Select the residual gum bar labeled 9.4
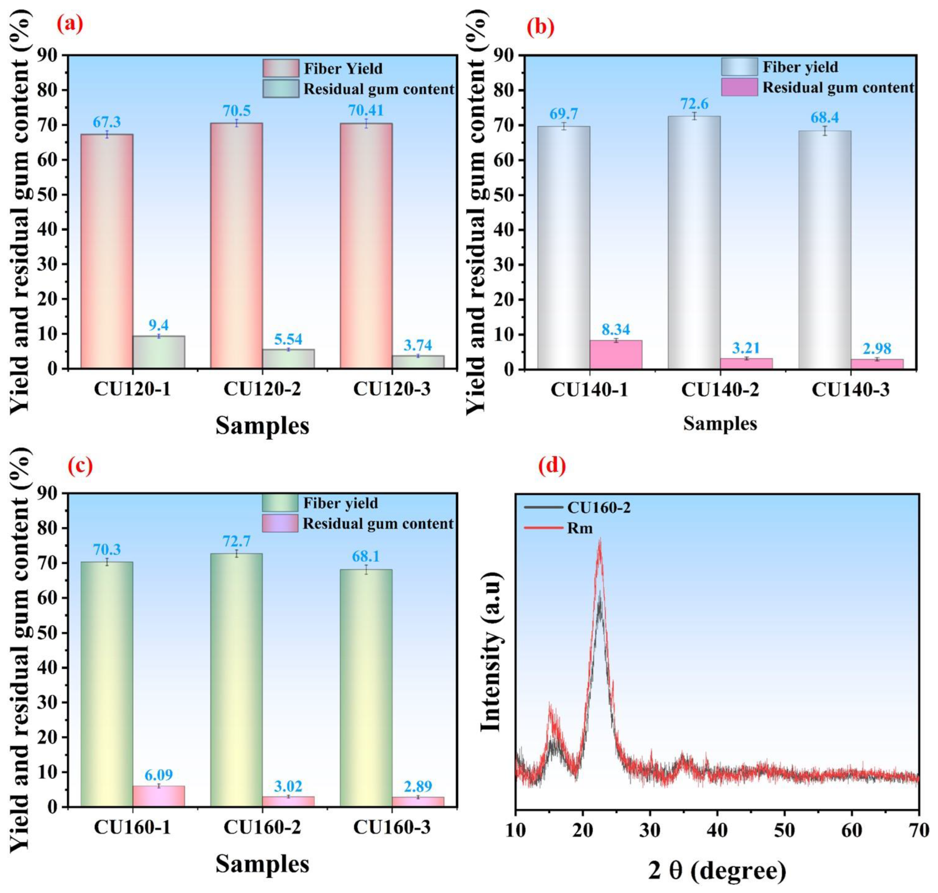pyautogui.click(x=158, y=352)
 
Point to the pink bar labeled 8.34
pyautogui.click(x=615, y=354)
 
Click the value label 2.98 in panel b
pyautogui.click(x=877, y=348)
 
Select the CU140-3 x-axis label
pyautogui.click(x=850, y=389)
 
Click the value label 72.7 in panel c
pyautogui.click(x=236, y=541)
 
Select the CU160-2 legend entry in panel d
pyautogui.click(x=598, y=508)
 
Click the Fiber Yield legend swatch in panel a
pyautogui.click(x=281, y=68)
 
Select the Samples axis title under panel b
pyautogui.click(x=719, y=423)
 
